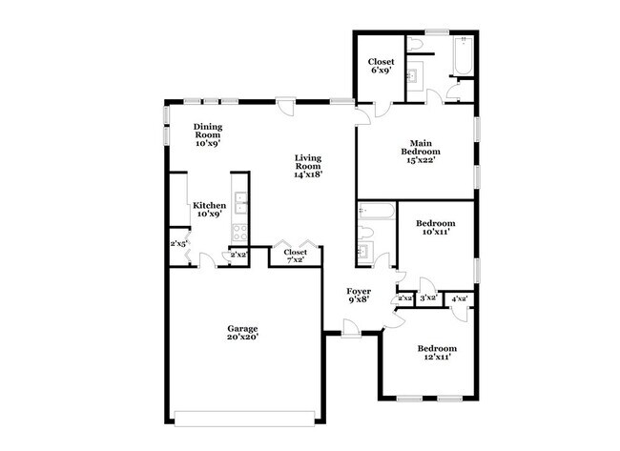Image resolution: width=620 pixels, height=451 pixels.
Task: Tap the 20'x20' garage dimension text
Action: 242,337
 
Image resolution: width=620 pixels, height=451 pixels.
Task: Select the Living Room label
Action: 308,162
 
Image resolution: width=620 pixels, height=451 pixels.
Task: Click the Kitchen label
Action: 209,206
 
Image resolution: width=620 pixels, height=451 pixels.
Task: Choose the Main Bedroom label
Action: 420,148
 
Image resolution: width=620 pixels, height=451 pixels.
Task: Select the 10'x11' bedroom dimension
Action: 434,231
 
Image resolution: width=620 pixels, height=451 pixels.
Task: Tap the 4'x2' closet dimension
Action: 459,298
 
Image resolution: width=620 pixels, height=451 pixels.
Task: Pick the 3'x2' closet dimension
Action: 428,298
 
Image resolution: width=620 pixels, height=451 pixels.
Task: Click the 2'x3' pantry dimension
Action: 177,244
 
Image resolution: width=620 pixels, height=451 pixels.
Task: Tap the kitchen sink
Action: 240,202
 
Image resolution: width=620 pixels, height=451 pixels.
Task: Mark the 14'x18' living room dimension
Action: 308,174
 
